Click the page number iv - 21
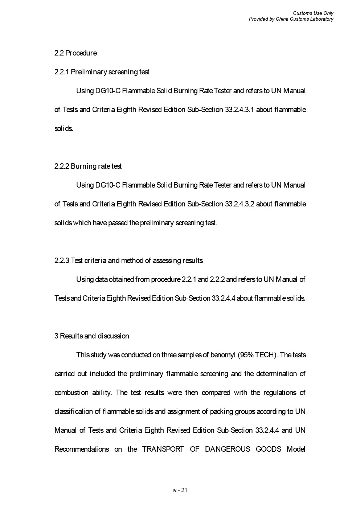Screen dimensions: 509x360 180,490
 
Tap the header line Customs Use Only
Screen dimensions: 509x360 313,13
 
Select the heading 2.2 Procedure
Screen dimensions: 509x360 75,53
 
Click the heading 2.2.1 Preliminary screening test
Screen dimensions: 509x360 102,72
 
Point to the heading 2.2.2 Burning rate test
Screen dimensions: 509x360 88,166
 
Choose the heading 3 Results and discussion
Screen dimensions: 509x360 91,336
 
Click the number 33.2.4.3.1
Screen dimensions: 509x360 240,110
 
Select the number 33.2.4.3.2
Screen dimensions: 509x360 240,204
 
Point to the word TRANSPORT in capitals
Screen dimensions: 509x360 163,449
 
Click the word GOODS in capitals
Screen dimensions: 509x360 269,449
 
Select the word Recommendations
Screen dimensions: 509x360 82,449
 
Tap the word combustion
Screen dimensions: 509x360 71,393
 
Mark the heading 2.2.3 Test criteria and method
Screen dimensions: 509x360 128,260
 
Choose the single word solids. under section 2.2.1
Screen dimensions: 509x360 64,128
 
